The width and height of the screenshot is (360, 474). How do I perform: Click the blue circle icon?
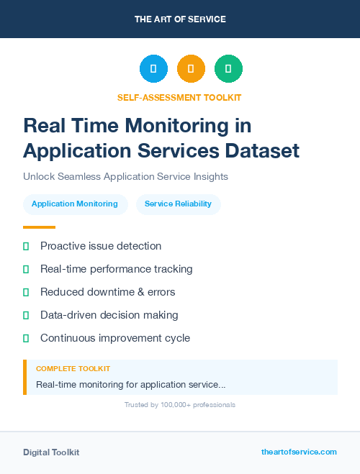click(x=153, y=68)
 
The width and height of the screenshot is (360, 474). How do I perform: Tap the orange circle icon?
click(x=191, y=68)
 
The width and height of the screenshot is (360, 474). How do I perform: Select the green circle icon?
click(x=228, y=68)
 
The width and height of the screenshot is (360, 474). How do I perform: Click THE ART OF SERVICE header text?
click(x=180, y=19)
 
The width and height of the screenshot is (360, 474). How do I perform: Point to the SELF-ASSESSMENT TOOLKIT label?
click(x=179, y=97)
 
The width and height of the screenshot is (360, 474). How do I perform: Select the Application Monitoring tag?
click(x=75, y=204)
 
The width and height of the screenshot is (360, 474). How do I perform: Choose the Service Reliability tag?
click(x=178, y=204)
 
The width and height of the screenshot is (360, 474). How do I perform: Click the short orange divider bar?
click(x=39, y=227)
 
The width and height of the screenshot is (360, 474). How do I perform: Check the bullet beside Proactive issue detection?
click(x=26, y=246)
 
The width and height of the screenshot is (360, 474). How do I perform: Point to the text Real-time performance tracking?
click(x=116, y=269)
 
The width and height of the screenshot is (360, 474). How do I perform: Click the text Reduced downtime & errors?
click(x=107, y=292)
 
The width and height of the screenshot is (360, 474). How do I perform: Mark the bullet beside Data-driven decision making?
click(x=26, y=315)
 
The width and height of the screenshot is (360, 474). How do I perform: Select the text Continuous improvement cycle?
click(x=115, y=337)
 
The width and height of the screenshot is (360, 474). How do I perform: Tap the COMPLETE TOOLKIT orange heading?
click(x=73, y=369)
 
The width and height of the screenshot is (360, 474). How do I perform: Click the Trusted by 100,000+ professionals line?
click(x=180, y=405)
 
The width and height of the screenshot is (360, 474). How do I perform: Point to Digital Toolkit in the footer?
click(x=51, y=452)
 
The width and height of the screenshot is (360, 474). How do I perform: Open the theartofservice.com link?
click(x=299, y=452)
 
